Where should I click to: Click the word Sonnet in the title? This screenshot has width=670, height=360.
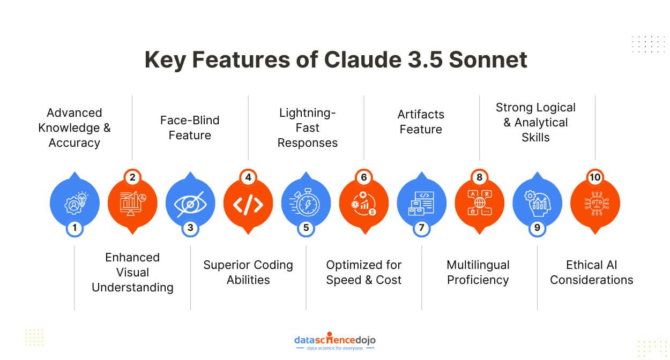pyautogui.click(x=488, y=59)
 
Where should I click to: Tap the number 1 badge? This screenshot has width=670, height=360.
pyautogui.click(x=75, y=228)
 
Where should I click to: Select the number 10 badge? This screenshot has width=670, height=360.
pyautogui.click(x=595, y=177)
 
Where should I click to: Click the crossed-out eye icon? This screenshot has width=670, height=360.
pyautogui.click(x=190, y=204)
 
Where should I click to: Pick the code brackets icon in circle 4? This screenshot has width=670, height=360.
pyautogui.click(x=248, y=205)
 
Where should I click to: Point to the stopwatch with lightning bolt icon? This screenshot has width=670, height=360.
pyautogui.click(x=305, y=202)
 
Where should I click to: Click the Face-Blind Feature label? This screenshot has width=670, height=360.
pyautogui.click(x=190, y=127)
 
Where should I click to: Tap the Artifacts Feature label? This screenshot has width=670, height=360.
pyautogui.click(x=421, y=122)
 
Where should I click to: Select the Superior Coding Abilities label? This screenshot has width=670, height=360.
pyautogui.click(x=248, y=272)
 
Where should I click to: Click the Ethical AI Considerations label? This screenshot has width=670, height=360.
pyautogui.click(x=592, y=272)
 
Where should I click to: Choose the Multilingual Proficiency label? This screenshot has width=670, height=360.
pyautogui.click(x=478, y=272)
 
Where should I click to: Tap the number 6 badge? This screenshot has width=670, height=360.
pyautogui.click(x=364, y=177)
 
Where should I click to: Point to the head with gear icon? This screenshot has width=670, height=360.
pyautogui.click(x=537, y=204)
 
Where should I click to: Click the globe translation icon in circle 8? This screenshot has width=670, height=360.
pyautogui.click(x=480, y=202)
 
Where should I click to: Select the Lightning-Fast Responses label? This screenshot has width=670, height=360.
pyautogui.click(x=308, y=127)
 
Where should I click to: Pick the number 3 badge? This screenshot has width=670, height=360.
pyautogui.click(x=190, y=228)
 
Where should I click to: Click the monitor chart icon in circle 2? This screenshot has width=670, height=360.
pyautogui.click(x=132, y=204)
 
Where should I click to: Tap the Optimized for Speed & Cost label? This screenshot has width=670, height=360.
pyautogui.click(x=364, y=272)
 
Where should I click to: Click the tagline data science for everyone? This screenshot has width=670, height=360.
pyautogui.click(x=335, y=348)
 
